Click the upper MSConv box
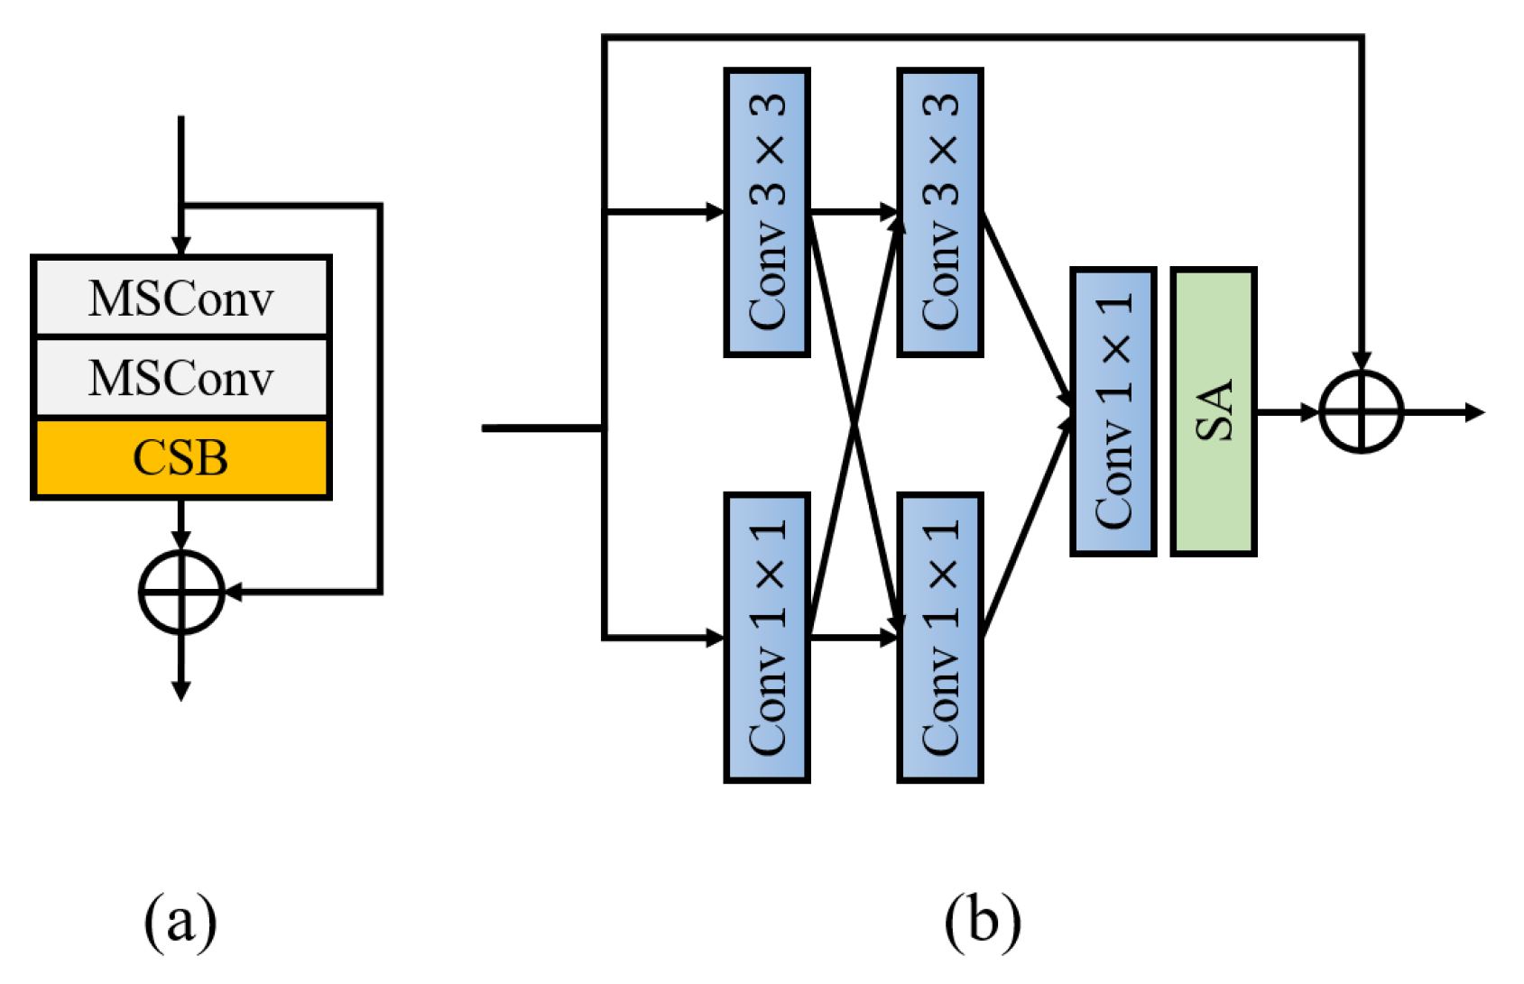[x=181, y=297]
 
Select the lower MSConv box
[x=181, y=377]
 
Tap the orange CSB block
[x=181, y=457]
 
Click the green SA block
[x=1213, y=411]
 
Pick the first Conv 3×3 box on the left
[x=767, y=212]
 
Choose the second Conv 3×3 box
[x=939, y=212]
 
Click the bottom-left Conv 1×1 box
[x=767, y=638]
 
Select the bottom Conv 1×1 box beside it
[x=939, y=638]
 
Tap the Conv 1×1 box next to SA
[x=1113, y=411]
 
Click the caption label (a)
[x=180, y=922]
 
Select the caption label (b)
[x=983, y=922]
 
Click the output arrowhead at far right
[x=1475, y=412]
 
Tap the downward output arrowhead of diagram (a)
[x=181, y=690]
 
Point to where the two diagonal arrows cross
[x=854, y=424]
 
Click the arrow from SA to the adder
[x=1288, y=412]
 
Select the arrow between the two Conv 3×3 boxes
[x=854, y=212]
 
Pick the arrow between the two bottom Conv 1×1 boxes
[x=854, y=638]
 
